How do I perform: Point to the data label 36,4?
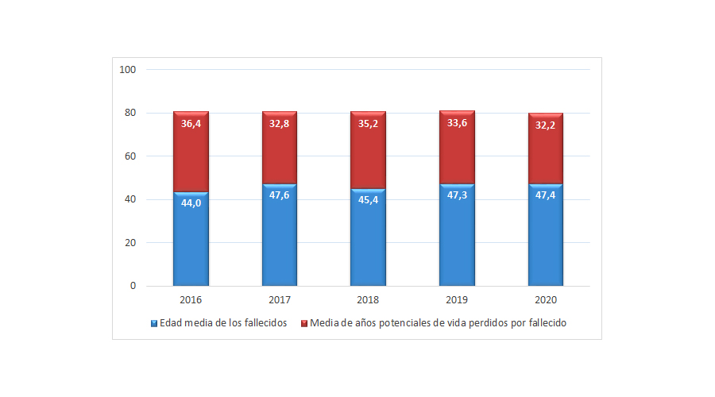click(191, 124)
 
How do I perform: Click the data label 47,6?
click(280, 195)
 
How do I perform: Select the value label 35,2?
click(368, 124)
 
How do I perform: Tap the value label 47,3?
click(457, 195)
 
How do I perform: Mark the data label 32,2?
click(546, 125)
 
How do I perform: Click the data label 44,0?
click(191, 203)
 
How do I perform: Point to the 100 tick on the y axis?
click(128, 70)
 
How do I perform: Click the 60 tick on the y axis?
click(130, 156)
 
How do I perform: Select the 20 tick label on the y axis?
click(130, 243)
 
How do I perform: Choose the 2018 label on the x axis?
click(368, 301)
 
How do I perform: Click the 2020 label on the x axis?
click(546, 301)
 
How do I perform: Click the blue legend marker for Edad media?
click(154, 324)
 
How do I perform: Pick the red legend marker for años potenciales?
click(304, 324)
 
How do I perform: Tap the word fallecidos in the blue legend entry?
click(263, 324)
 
